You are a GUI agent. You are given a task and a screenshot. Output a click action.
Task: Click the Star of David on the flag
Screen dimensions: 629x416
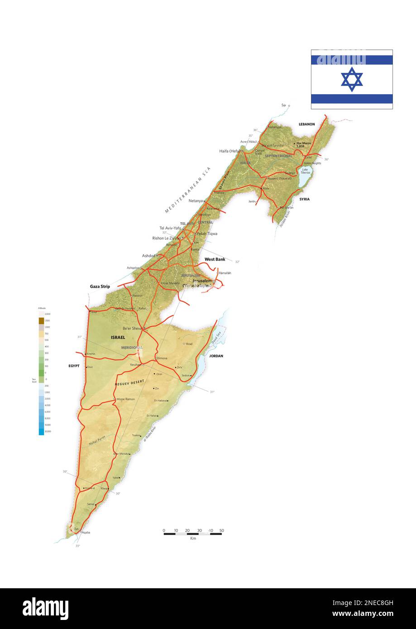[352, 79]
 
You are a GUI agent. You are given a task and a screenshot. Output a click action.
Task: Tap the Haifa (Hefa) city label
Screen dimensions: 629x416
[230, 151]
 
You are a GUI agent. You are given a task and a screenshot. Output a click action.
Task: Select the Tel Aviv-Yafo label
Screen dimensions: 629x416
[170, 228]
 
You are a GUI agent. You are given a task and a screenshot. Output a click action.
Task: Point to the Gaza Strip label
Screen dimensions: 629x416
[100, 286]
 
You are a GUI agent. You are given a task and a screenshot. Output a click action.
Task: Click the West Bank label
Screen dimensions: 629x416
[215, 259]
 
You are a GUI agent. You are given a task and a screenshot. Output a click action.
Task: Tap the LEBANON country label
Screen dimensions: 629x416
[306, 124]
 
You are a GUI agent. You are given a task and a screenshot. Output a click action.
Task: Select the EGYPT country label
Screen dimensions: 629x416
[74, 366]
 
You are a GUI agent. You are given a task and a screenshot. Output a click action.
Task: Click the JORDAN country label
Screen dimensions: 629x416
[216, 356]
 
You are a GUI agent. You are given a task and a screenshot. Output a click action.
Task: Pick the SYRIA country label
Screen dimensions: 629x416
[304, 199]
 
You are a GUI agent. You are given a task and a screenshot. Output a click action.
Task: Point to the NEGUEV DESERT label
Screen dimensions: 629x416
[129, 383]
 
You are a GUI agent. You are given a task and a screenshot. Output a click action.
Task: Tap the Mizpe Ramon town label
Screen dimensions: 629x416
[125, 399]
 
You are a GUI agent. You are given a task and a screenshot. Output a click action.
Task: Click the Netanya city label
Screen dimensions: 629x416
[196, 200]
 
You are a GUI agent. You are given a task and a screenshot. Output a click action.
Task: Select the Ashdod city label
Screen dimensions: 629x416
[148, 256]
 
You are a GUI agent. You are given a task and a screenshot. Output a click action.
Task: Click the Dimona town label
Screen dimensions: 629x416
[162, 358]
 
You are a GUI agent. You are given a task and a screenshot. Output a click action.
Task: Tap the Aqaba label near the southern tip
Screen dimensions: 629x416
[86, 533]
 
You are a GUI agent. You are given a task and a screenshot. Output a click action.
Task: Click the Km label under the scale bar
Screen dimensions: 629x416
[193, 538]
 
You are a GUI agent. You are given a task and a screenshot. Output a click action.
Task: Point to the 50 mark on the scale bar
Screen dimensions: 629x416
[221, 530]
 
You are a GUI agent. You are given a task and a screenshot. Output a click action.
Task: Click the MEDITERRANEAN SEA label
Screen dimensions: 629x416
[187, 190]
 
